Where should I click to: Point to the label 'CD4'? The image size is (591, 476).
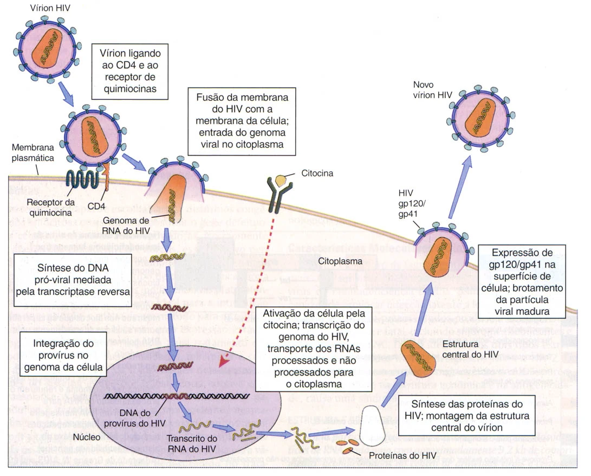(96, 207)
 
